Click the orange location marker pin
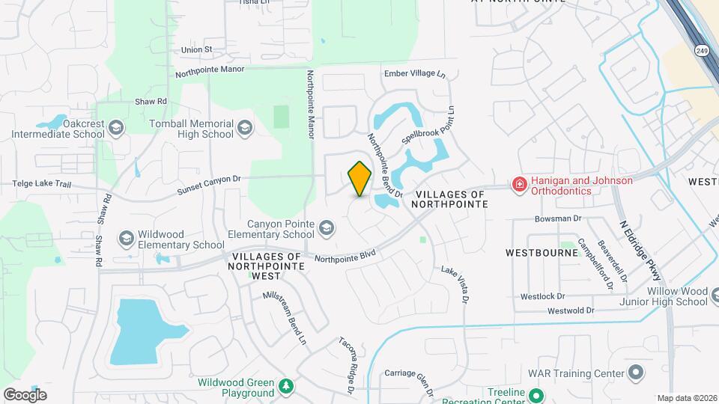click(x=360, y=178)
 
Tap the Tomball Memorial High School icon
click(x=245, y=129)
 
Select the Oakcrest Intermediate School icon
click(x=116, y=129)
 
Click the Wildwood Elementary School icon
click(x=126, y=239)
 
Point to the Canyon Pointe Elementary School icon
click(x=326, y=228)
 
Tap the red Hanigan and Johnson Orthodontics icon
click(x=518, y=184)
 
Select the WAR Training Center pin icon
click(x=636, y=372)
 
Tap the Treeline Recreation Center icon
click(x=536, y=394)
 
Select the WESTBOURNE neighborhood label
click(x=541, y=252)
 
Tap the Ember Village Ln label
click(x=414, y=74)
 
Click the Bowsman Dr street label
click(x=558, y=218)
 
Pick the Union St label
click(x=197, y=49)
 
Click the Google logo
click(x=25, y=394)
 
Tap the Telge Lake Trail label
click(x=42, y=183)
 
